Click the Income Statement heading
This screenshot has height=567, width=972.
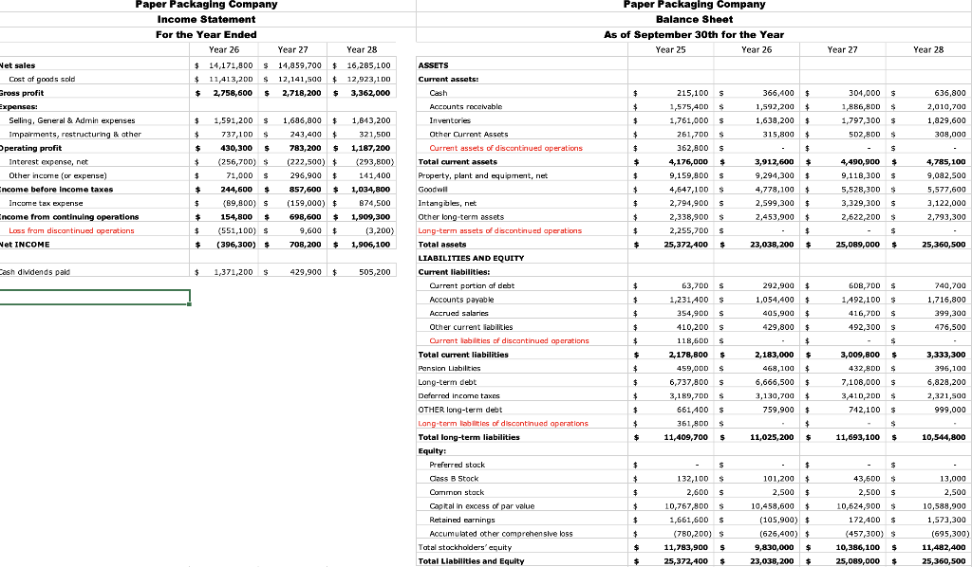[206, 19]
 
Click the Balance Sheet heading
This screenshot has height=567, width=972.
[694, 19]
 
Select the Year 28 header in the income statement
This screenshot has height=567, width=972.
[362, 49]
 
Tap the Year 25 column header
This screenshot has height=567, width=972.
[671, 49]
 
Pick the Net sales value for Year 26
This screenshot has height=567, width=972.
[226, 65]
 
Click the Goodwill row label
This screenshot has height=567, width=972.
[434, 190]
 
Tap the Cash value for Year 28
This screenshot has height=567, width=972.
[947, 93]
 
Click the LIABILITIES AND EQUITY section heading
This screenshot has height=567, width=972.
[471, 258]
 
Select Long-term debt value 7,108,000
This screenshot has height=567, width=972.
[862, 382]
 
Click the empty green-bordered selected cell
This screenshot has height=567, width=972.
[95, 297]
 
